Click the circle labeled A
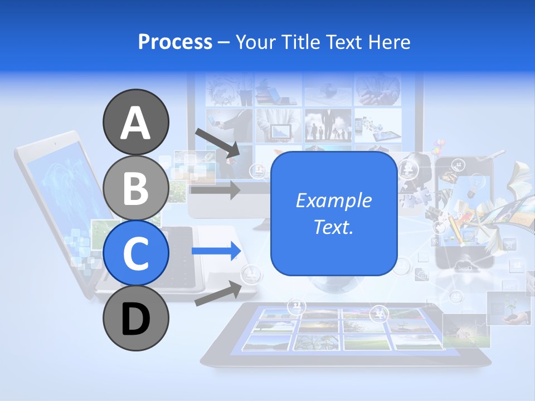tap(136, 122)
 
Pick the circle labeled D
tap(136, 318)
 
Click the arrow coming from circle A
tap(217, 143)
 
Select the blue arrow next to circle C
tap(216, 251)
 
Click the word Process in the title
tap(175, 42)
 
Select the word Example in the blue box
tap(334, 200)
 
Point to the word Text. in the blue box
tap(334, 227)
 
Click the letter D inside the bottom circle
tap(136, 319)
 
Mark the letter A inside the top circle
tap(136, 123)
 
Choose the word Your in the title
tap(257, 42)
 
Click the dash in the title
tap(224, 43)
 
